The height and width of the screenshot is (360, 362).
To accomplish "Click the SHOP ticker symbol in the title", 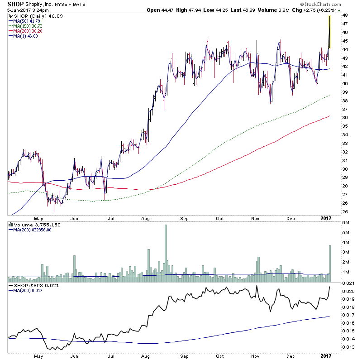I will click(x=15, y=4).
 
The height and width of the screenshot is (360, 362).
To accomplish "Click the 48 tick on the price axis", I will click(x=344, y=15).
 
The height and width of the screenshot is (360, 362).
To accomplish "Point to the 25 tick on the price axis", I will click(x=344, y=212).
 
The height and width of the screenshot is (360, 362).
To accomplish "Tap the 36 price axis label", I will click(x=344, y=118).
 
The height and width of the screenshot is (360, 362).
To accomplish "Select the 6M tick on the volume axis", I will click(x=345, y=222).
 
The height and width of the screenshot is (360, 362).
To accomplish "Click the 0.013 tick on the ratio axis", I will click(x=348, y=347).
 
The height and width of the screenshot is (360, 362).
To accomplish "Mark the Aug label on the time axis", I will click(x=145, y=218).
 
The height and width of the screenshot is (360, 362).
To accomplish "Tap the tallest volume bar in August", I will click(x=166, y=249).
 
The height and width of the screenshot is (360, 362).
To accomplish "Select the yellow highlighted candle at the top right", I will click(x=330, y=32).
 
